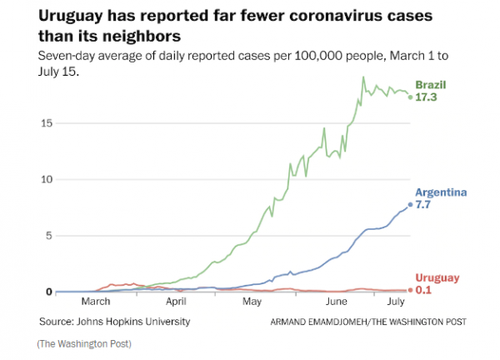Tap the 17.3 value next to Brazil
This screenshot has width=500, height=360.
[427, 97]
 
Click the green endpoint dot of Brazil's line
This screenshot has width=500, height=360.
[410, 97]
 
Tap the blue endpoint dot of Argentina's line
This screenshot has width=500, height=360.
[410, 205]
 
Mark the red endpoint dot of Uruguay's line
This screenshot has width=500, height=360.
[410, 290]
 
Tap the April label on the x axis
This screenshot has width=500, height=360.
[176, 303]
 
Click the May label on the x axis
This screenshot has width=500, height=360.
[252, 303]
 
